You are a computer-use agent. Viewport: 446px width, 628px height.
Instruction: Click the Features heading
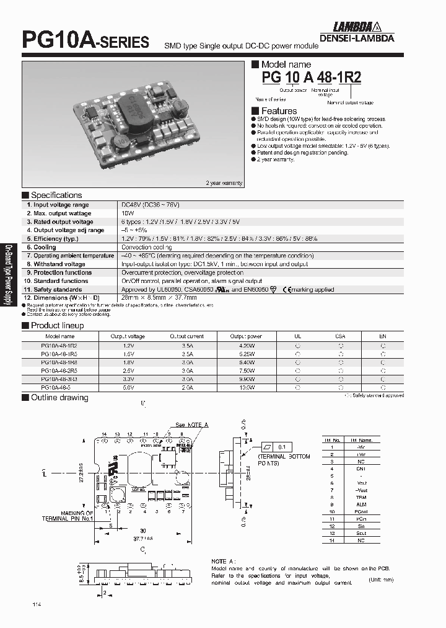pyautogui.click(x=279, y=112)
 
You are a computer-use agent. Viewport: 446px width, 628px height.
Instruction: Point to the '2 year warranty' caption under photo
pyautogui.click(x=224, y=183)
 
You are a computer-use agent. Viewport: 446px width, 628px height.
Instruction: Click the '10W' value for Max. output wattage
pyautogui.click(x=126, y=213)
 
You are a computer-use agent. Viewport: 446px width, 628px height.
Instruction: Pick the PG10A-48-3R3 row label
pyautogui.click(x=59, y=378)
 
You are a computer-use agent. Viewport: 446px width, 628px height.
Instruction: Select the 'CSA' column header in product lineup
pyautogui.click(x=340, y=336)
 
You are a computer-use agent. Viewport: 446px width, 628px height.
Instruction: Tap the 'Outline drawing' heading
pyautogui.click(x=59, y=398)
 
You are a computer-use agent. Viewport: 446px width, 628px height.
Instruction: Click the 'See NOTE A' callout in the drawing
pyautogui.click(x=192, y=424)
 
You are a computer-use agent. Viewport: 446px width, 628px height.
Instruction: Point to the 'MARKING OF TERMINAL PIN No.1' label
pyautogui.click(x=68, y=516)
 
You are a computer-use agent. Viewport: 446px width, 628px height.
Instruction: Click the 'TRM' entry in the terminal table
pyautogui.click(x=361, y=498)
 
